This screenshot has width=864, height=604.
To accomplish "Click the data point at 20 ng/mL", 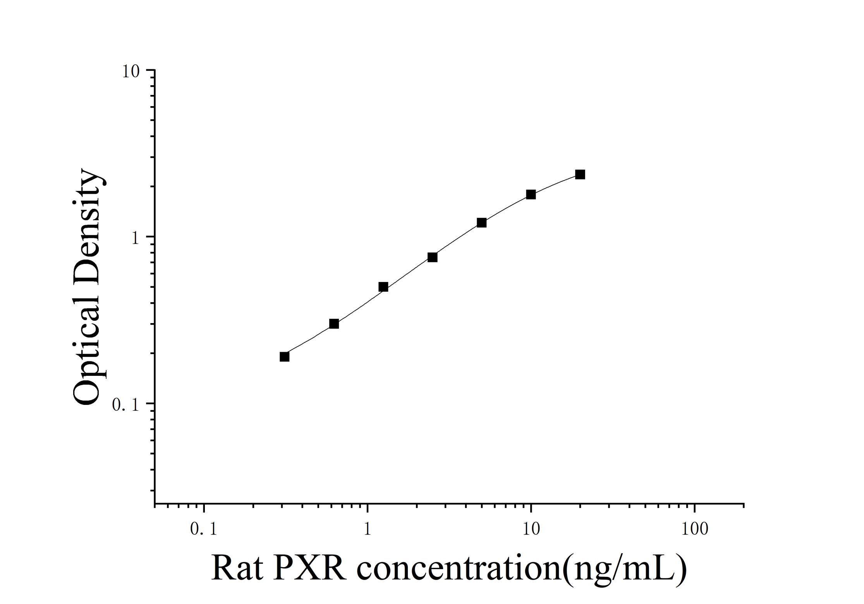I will coord(580,174).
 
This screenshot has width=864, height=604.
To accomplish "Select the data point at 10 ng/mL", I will coord(531,194).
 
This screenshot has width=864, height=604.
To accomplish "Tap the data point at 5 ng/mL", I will coord(481,222).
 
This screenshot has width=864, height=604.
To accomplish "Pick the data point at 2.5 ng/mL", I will coord(432,257).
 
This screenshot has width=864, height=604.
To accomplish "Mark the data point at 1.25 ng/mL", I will coord(383,287).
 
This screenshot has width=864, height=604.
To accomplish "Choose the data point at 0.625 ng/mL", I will coord(334,324).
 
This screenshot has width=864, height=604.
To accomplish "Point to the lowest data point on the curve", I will coord(284,356).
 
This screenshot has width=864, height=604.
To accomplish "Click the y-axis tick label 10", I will coord(131,72).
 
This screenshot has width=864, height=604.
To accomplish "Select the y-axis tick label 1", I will coord(135,238).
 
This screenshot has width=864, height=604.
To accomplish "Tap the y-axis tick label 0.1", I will coord(125,405).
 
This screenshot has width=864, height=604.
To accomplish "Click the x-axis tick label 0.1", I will coord(203,529).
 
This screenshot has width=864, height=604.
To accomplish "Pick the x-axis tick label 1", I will coord(367,529).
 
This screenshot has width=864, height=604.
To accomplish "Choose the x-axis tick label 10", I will coord(531,529).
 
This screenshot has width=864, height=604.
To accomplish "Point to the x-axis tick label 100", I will coord(694,529).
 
